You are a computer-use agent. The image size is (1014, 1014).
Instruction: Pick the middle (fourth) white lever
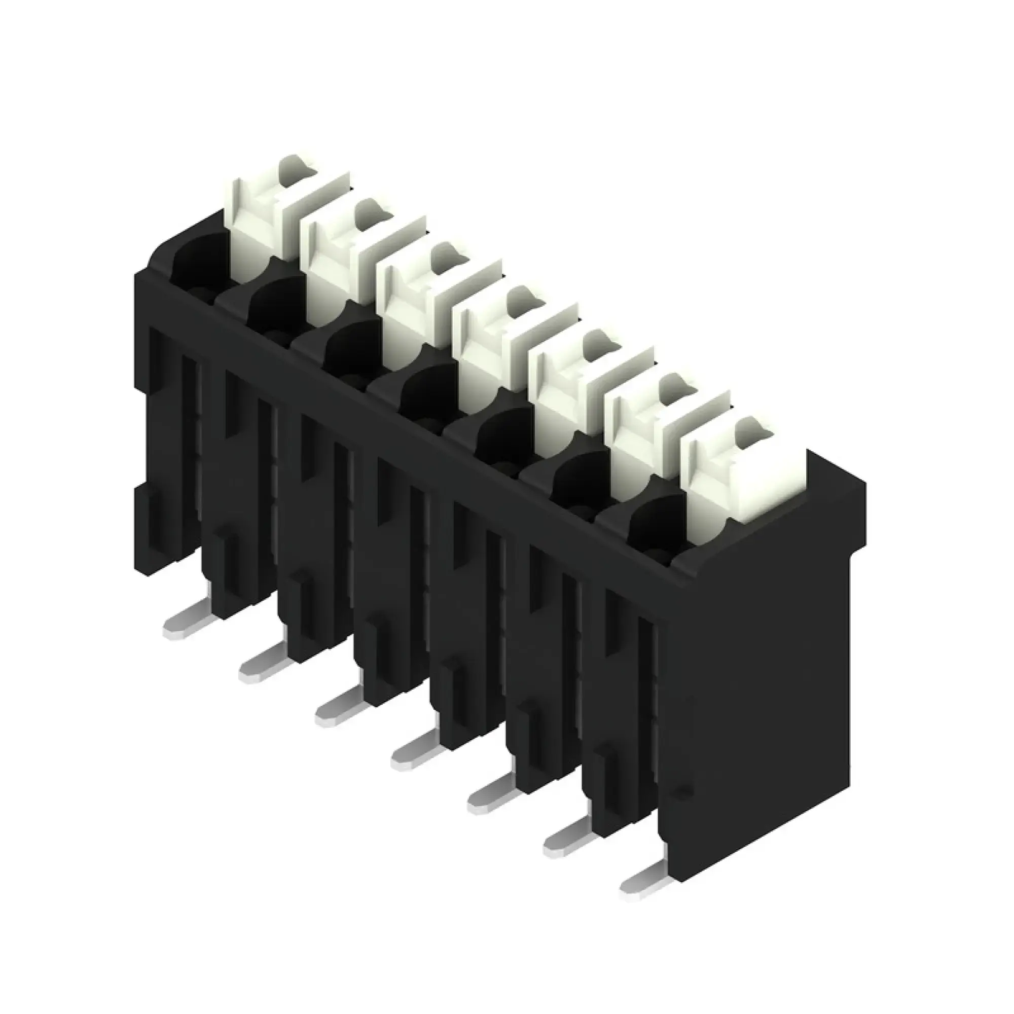pyautogui.click(x=483, y=349)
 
